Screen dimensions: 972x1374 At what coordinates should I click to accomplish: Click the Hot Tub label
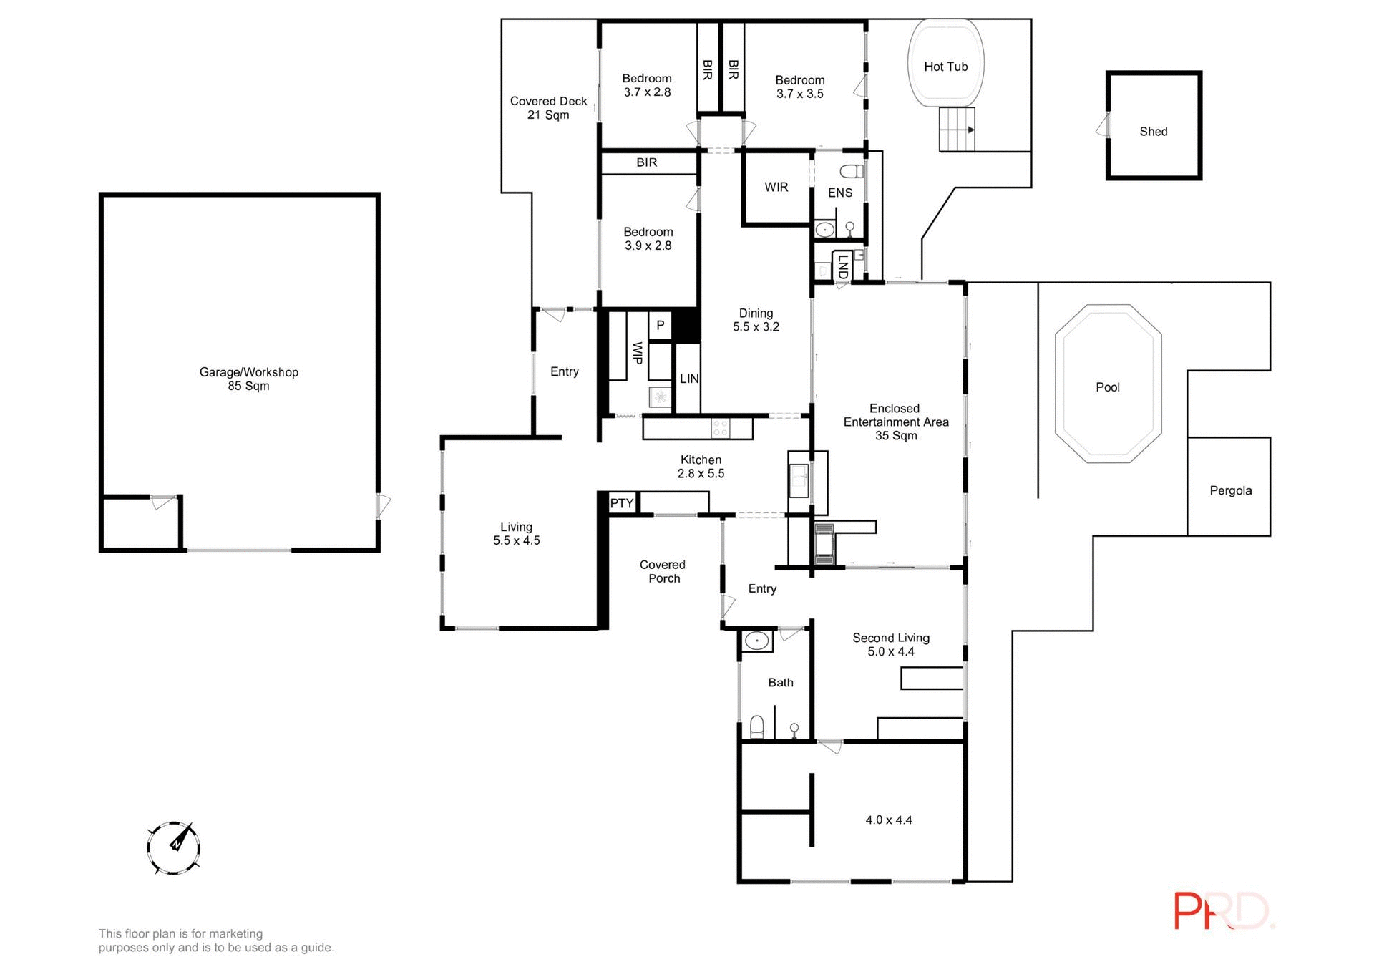945,67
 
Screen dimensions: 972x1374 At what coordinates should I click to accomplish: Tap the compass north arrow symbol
173,848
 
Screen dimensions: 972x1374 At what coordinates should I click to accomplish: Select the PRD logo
1222,911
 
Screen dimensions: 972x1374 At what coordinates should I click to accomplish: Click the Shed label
1153,132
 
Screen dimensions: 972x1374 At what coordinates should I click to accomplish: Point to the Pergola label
1230,491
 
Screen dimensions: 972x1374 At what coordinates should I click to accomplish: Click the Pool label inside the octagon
1107,387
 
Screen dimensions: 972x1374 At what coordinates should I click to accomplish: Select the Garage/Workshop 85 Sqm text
248,379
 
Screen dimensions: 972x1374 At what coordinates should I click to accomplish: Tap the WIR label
776,188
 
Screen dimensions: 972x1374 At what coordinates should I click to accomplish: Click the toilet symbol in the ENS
852,172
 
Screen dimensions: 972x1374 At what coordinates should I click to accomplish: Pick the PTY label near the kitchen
621,503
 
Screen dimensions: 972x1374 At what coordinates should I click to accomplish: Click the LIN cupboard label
688,379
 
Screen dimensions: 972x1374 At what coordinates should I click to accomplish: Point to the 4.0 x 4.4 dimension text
888,820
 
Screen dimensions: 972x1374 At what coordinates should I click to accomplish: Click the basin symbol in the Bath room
756,641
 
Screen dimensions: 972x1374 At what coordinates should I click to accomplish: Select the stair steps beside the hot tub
957,130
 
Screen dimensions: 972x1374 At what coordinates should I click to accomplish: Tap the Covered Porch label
663,571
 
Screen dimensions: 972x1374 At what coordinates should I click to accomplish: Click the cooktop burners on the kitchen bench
720,429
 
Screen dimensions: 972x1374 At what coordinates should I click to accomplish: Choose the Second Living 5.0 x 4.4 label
890,644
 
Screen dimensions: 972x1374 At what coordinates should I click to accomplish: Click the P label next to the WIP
660,326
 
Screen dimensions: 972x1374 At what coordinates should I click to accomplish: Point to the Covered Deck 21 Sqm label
548,108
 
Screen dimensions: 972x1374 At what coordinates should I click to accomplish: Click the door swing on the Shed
1101,127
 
